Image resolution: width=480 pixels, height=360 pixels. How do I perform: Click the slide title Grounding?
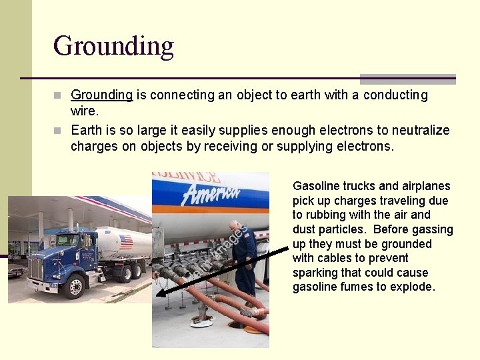click(113, 45)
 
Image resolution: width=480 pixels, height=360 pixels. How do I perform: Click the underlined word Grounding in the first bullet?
click(101, 95)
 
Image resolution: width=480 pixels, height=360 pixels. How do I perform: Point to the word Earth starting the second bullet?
click(87, 131)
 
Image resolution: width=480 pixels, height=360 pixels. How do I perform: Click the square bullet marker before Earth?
click(61, 131)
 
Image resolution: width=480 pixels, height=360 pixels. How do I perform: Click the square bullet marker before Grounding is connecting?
click(61, 95)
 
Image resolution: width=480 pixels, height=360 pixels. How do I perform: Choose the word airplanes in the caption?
click(425, 186)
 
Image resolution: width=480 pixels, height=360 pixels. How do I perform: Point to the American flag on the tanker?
click(125, 242)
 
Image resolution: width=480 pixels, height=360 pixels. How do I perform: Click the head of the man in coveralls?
click(234, 226)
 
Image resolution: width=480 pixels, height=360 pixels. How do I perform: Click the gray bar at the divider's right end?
click(407, 79)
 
